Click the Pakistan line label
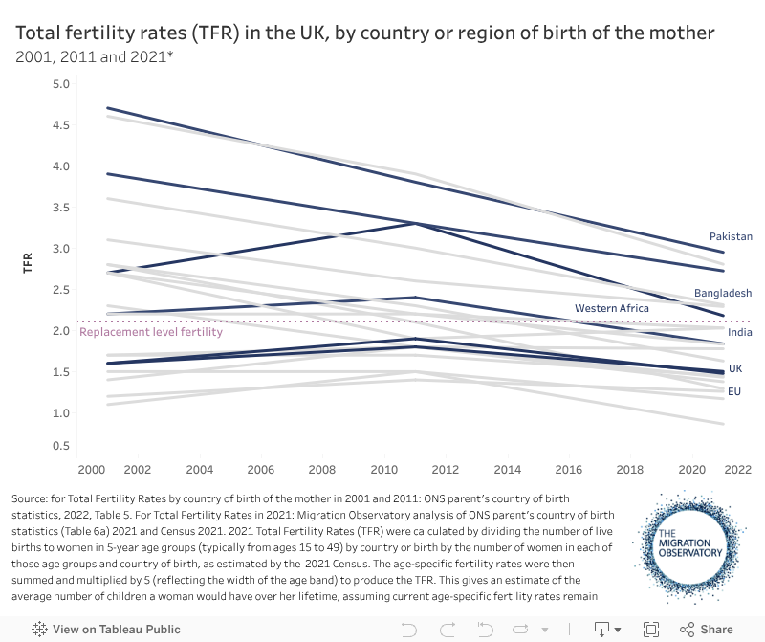tap(731, 236)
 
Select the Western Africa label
tap(611, 308)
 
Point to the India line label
tap(739, 332)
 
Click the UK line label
tap(734, 368)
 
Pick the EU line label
tap(734, 391)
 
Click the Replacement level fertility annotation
tap(151, 332)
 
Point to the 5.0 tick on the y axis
tap(61, 84)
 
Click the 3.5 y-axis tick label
tap(61, 208)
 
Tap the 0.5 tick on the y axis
tap(61, 446)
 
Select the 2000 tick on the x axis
tap(91, 470)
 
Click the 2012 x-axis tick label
tap(445, 470)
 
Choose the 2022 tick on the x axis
tap(735, 470)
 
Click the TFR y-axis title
tap(28, 262)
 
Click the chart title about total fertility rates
tap(364, 33)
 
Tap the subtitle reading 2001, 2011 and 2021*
tap(94, 56)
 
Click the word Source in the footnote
tap(31, 499)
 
